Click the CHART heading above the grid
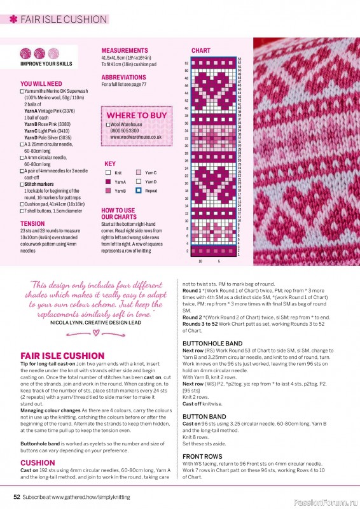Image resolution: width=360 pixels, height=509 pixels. tap(201, 50)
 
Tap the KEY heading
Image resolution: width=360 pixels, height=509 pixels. tap(110, 164)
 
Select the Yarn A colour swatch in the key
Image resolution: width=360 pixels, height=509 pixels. tap(108, 182)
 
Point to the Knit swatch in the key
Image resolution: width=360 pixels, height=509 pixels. tap(108, 173)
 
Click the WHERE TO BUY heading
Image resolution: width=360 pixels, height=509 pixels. tap(137, 115)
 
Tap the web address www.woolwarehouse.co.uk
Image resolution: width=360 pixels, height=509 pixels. tap(135, 137)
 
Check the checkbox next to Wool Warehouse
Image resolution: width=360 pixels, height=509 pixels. tap(108, 125)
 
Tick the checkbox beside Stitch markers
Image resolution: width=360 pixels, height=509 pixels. tap(22, 185)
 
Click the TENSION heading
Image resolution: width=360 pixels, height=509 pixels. tap(32, 224)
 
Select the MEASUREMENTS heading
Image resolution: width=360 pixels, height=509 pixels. tap(125, 50)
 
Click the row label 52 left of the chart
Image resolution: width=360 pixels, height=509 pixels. tap(186, 63)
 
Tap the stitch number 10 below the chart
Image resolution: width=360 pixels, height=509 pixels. tap(200, 261)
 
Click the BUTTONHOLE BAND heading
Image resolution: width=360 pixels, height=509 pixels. tap(212, 344)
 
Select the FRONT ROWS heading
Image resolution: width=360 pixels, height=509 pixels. tap(202, 456)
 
